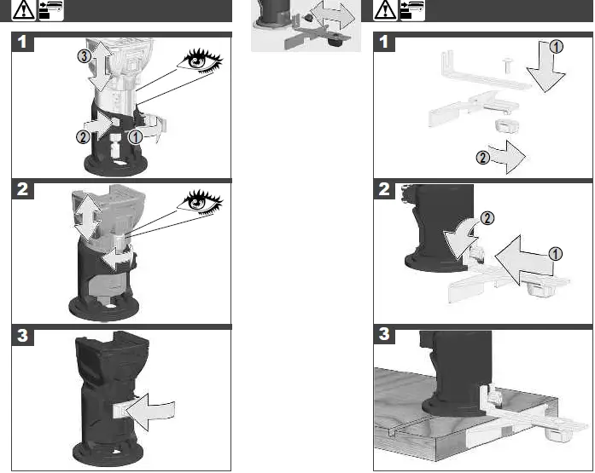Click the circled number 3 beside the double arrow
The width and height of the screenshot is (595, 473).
pyautogui.click(x=84, y=56)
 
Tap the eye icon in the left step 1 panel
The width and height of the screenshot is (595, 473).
pyautogui.click(x=200, y=61)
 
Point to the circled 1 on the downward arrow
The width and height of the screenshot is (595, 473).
pyautogui.click(x=557, y=47)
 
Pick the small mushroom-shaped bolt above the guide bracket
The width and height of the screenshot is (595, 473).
pyautogui.click(x=507, y=65)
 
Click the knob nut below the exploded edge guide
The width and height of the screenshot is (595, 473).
pyautogui.click(x=506, y=126)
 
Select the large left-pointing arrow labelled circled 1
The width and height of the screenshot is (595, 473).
pyautogui.click(x=523, y=260)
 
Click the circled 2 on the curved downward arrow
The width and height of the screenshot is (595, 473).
pyautogui.click(x=487, y=218)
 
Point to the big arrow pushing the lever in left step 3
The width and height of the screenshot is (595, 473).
pyautogui.click(x=150, y=412)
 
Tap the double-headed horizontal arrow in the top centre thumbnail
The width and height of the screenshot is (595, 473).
pyautogui.click(x=332, y=15)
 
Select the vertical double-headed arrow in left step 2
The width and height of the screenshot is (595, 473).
pyautogui.click(x=87, y=218)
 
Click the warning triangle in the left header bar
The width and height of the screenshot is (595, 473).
pyautogui.click(x=23, y=10)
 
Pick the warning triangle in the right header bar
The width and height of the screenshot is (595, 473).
pyautogui.click(x=385, y=10)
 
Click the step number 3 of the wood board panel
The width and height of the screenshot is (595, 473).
pyautogui.click(x=384, y=334)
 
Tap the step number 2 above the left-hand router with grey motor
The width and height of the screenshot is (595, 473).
pyautogui.click(x=22, y=189)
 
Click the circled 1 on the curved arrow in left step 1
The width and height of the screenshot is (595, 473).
pyautogui.click(x=136, y=136)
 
